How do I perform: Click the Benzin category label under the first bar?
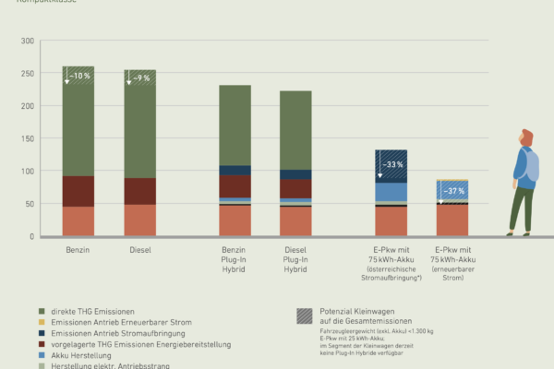78,249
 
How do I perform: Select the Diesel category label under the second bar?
139,249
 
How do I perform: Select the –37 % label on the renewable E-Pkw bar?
453,191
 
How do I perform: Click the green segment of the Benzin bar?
78,129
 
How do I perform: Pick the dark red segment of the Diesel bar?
139,191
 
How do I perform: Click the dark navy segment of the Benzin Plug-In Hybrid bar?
235,170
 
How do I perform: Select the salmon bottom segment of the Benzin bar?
78,221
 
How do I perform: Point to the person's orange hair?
527,137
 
